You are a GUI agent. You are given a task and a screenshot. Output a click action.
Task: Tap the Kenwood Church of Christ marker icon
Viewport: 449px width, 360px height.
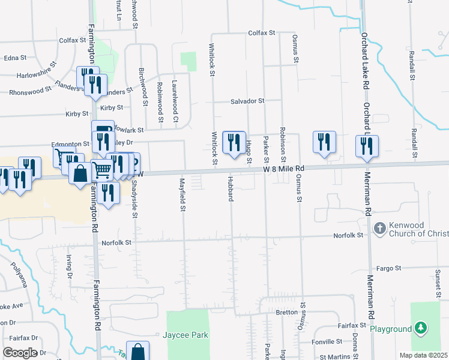tap(379, 228)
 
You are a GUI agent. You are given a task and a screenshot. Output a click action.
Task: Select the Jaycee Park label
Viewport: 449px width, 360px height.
tap(185, 335)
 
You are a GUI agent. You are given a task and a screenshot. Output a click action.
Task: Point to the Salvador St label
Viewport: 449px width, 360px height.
tap(247, 101)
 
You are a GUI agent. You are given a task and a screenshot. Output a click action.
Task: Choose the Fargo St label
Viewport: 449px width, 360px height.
tap(388, 268)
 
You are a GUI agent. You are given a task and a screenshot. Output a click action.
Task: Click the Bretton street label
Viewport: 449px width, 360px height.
tap(286, 312)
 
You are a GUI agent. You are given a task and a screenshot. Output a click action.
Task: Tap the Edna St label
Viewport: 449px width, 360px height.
tap(15, 58)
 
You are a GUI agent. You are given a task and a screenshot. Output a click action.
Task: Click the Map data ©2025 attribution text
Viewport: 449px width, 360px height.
tap(423, 355)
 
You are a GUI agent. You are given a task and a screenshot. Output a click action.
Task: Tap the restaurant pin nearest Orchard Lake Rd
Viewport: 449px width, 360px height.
tap(367, 146)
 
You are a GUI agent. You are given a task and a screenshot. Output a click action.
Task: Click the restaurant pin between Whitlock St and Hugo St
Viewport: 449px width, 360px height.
tap(234, 142)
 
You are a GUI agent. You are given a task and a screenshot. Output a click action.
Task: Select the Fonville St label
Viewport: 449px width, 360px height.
tap(327, 342)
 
